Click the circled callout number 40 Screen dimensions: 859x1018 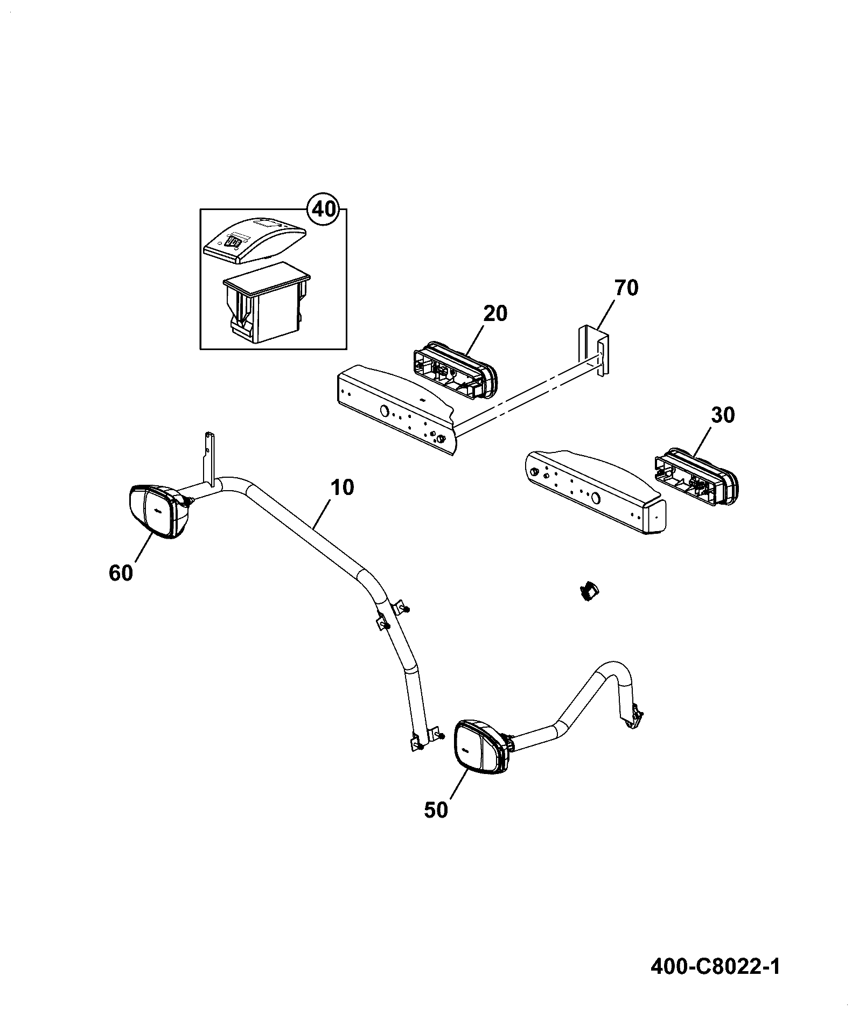click(x=324, y=208)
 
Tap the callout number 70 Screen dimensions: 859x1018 click(x=626, y=288)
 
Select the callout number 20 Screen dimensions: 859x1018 click(x=495, y=313)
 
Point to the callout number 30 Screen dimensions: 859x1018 click(x=723, y=415)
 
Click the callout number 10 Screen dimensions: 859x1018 click(x=343, y=487)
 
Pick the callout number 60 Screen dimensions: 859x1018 click(x=121, y=573)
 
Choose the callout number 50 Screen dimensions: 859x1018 click(x=436, y=825)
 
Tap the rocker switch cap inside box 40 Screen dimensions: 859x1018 click(x=255, y=240)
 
